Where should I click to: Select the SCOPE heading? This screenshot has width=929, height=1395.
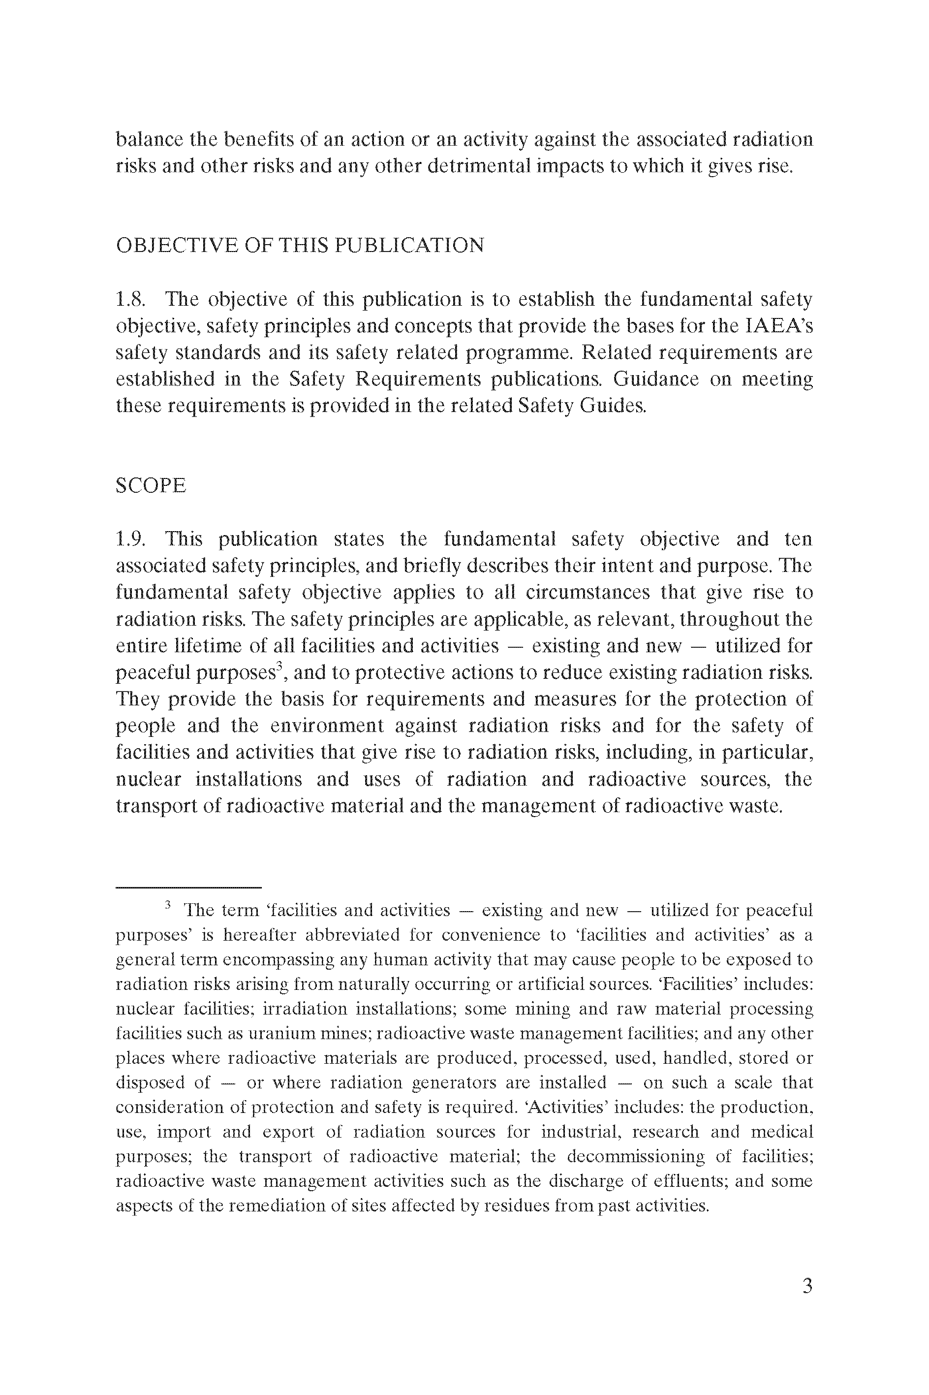[151, 485]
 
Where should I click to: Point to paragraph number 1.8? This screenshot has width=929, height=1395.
[130, 299]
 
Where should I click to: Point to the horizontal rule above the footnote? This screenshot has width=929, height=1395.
[188, 887]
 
